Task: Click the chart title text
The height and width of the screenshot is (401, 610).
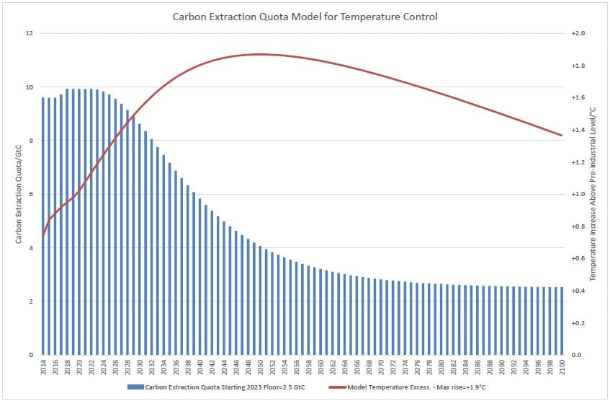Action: [x=305, y=15]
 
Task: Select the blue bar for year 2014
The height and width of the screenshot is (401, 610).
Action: [x=43, y=226]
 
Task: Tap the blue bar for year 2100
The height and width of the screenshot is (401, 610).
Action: [x=561, y=321]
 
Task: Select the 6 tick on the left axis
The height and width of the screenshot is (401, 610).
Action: [x=30, y=195]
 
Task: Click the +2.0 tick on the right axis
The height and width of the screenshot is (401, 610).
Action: [x=578, y=34]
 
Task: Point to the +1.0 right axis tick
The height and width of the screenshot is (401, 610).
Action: [x=578, y=195]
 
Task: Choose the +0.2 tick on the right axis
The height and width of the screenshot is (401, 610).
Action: [x=578, y=323]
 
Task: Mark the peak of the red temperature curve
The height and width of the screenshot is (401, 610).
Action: [x=260, y=54]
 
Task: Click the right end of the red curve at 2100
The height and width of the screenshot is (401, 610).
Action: [x=561, y=135]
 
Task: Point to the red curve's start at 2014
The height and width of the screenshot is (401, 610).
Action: [x=43, y=235]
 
